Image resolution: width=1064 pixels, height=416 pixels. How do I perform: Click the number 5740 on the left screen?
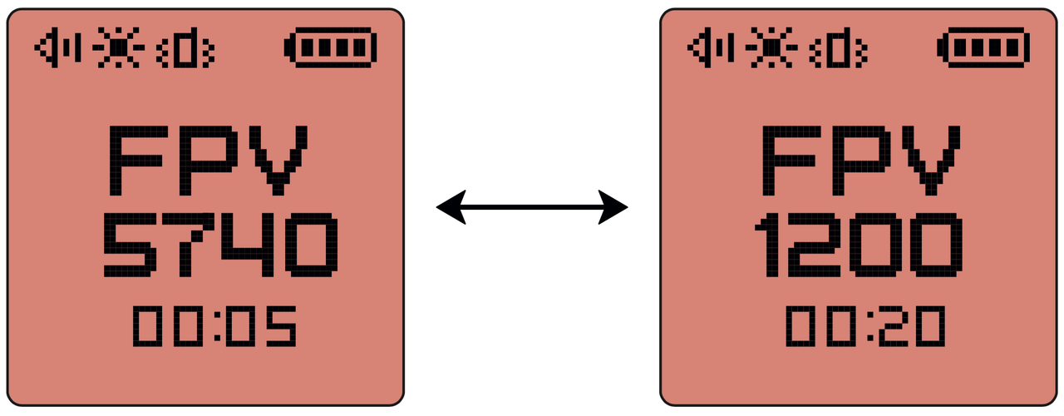(x=220, y=245)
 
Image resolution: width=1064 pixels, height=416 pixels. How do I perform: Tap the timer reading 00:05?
(x=214, y=326)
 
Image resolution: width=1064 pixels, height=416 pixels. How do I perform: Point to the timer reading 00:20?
(x=865, y=326)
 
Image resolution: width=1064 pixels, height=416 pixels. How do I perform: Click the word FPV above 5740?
(x=209, y=158)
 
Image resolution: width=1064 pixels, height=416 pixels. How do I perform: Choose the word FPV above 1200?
(x=862, y=158)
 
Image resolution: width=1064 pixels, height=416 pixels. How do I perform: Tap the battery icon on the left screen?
(x=330, y=49)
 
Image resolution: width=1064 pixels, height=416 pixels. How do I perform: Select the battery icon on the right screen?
(x=983, y=49)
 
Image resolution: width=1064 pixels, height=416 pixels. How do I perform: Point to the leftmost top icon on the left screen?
(x=57, y=49)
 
